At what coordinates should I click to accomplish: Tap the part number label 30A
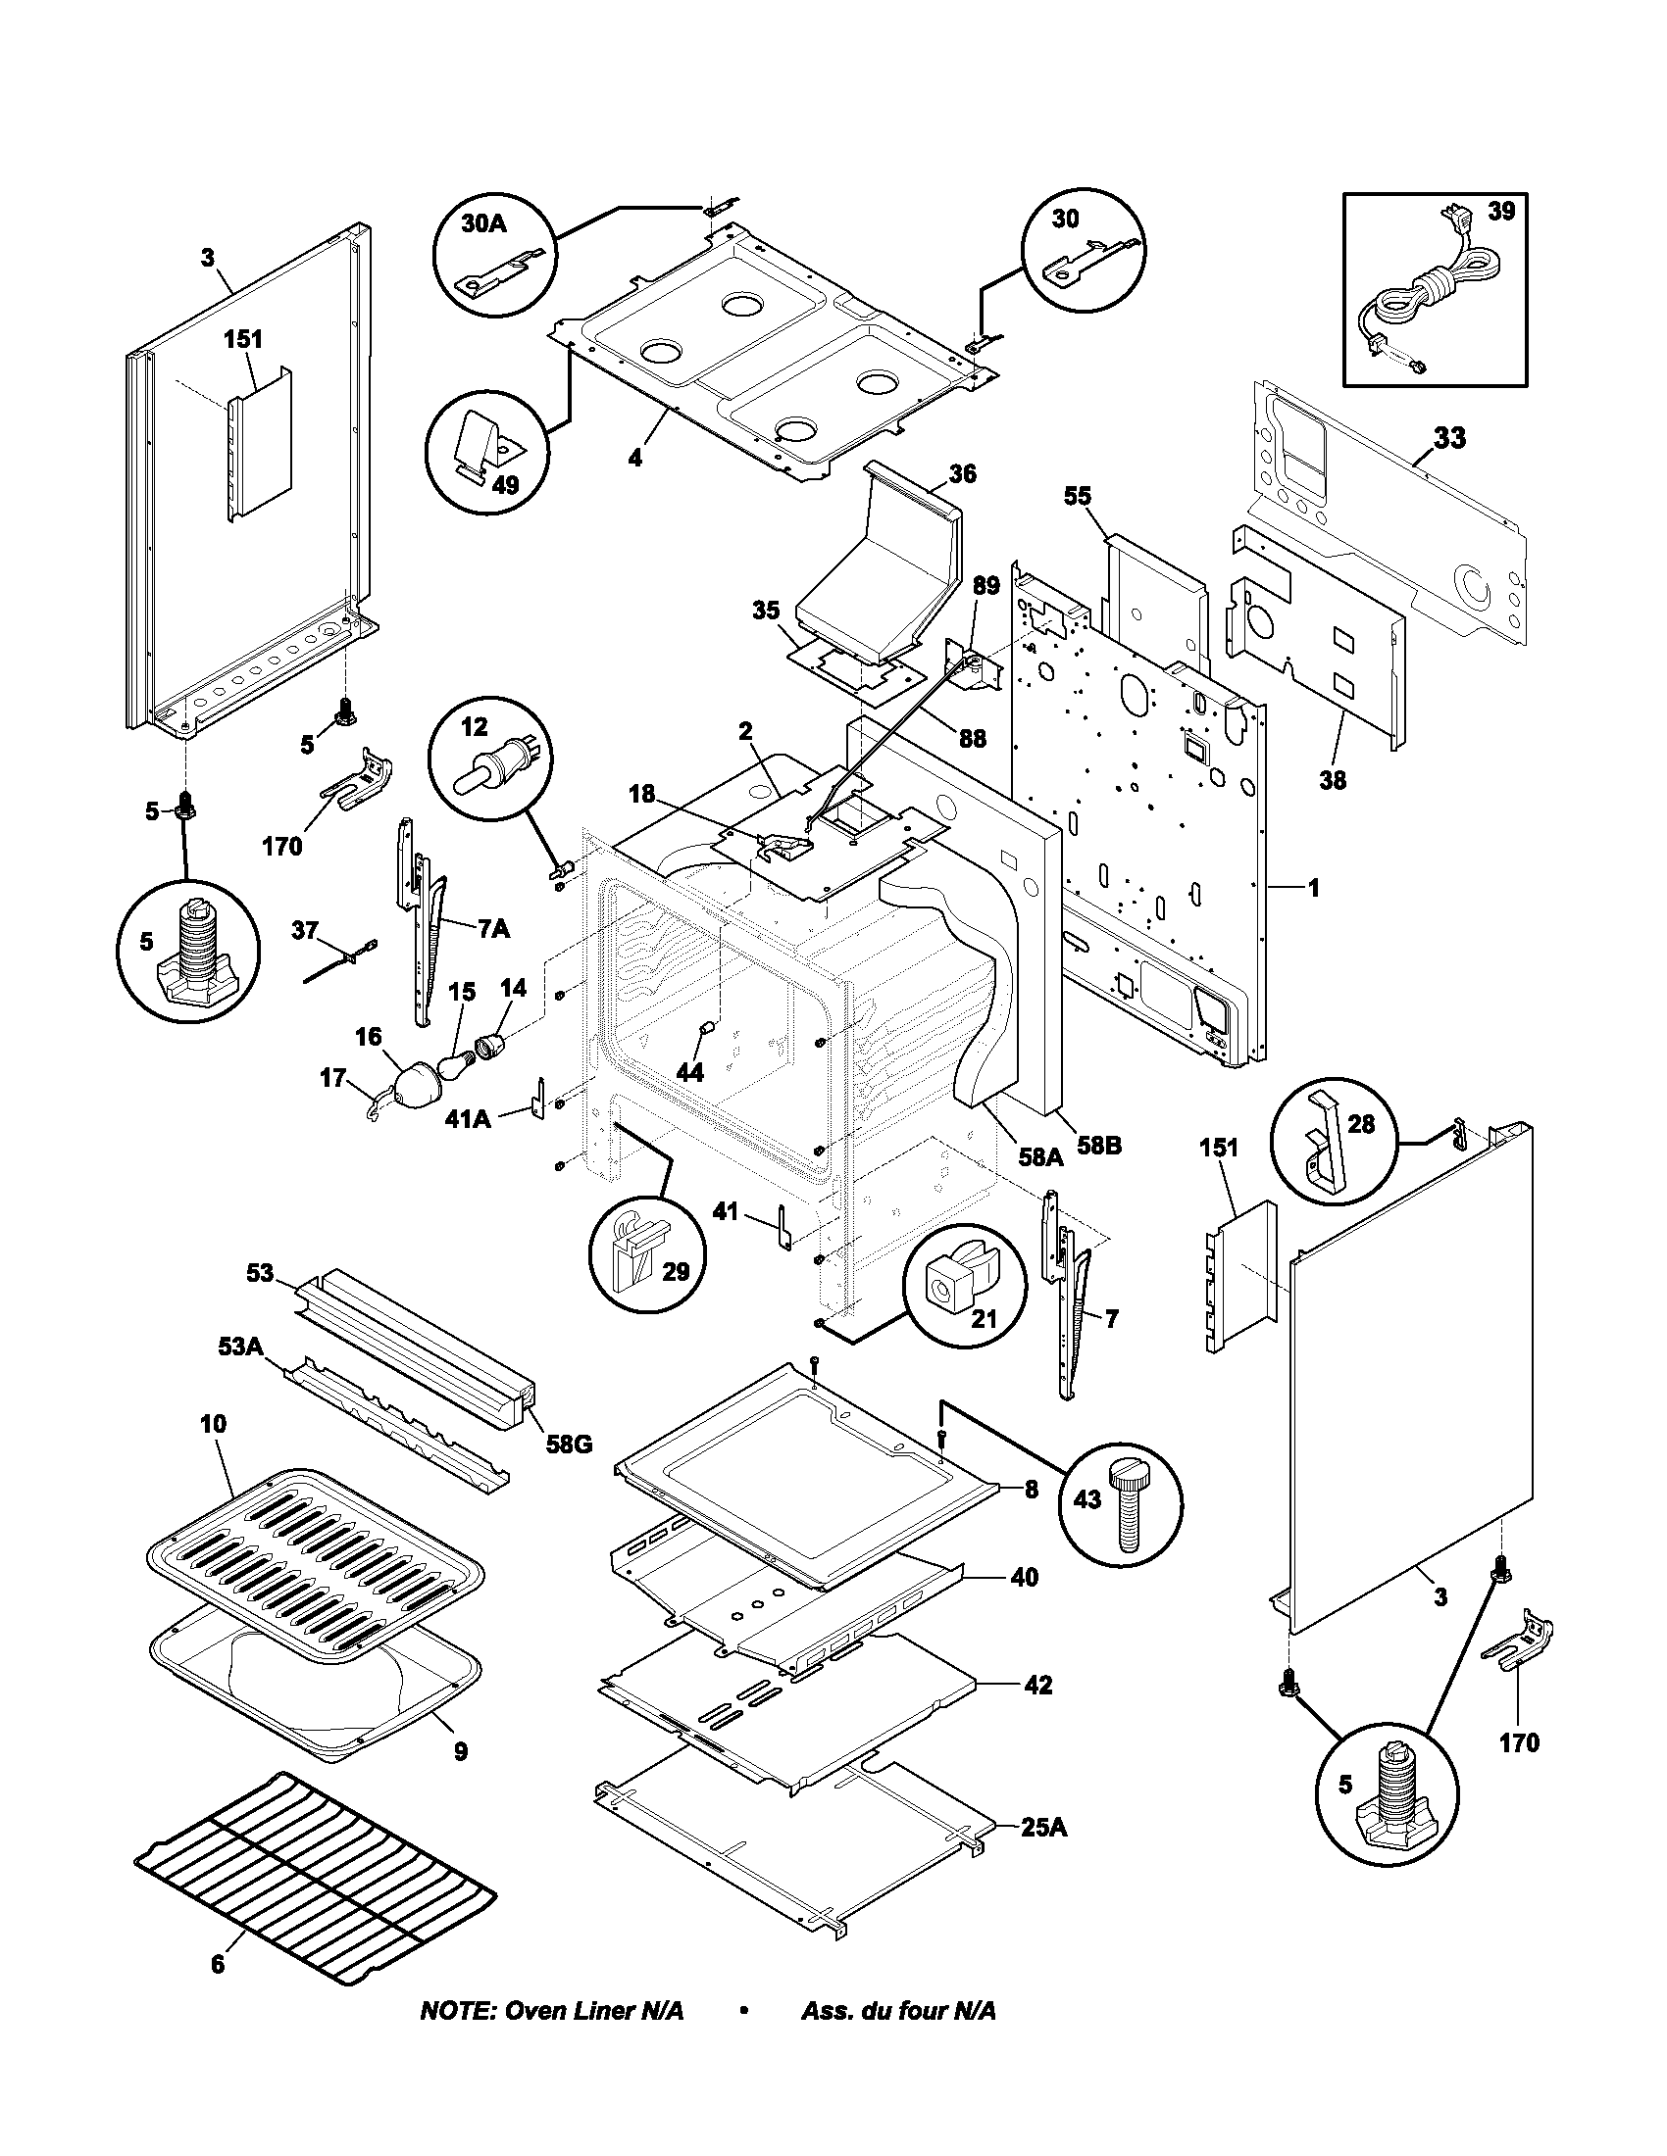[483, 224]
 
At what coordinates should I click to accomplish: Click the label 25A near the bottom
[1044, 1828]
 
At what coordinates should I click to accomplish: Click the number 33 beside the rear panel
[1449, 438]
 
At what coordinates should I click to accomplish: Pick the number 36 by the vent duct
[962, 474]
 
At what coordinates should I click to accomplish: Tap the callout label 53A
[238, 1346]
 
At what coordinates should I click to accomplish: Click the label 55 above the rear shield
[1078, 496]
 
